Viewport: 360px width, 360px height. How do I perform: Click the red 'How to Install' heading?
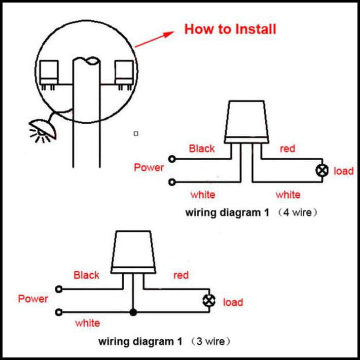pos(230,29)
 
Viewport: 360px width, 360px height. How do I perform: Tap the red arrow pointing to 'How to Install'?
pos(154,39)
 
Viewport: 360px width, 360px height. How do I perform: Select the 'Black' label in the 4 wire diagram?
pos(202,149)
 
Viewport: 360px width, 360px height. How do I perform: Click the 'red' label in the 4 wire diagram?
pos(287,149)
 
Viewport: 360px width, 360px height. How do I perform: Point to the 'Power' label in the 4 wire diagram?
pos(149,167)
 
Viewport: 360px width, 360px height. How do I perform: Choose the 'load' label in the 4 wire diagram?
pos(343,171)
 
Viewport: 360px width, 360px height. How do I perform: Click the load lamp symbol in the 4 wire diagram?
pos(322,170)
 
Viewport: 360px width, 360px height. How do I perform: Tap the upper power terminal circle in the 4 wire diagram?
pos(172,159)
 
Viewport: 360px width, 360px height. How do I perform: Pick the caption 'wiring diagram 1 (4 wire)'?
pos(251,212)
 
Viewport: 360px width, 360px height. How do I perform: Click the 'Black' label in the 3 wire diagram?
pos(86,275)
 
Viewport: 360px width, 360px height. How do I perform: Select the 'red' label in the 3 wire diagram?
pos(181,275)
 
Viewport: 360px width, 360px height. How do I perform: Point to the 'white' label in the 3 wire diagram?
pos(88,323)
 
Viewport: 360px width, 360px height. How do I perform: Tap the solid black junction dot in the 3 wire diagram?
pos(133,312)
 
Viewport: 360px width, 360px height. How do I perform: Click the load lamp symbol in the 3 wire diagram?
pos(209,301)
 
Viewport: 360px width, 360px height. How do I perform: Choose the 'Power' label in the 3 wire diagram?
pos(33,299)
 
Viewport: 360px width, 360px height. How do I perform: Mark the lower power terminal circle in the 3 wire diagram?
pos(59,312)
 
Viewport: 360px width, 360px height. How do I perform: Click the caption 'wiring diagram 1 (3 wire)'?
pos(164,341)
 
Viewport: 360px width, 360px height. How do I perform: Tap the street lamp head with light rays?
pos(43,131)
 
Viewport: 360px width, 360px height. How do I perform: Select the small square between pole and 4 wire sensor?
pos(136,134)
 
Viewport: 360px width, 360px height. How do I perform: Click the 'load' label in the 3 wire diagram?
pos(233,302)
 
